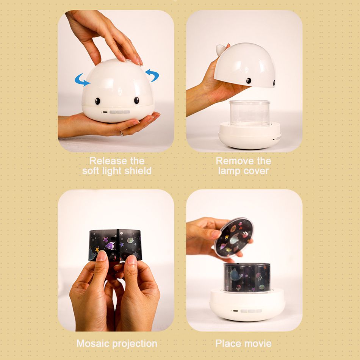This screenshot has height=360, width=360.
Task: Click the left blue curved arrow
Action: click(81, 80)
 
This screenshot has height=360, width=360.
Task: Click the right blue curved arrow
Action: click(153, 74)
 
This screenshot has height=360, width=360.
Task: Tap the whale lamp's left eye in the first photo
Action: click(97, 101)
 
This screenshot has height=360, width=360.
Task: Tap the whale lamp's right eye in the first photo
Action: click(136, 100)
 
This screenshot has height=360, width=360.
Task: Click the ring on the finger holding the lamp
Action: click(122, 133)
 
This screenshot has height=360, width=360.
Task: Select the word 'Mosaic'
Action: click(93, 343)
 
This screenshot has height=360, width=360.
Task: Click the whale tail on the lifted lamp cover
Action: click(221, 49)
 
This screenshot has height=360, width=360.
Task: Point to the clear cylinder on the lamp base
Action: click(250, 113)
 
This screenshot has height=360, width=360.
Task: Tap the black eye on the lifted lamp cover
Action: click(249, 81)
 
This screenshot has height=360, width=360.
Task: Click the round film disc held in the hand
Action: click(234, 237)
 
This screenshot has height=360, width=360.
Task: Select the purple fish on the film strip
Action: click(110, 246)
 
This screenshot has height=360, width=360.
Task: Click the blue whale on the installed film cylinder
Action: click(236, 275)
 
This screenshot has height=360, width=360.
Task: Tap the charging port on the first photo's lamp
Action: click(105, 112)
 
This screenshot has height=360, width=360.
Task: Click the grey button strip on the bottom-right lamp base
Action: click(251, 311)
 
